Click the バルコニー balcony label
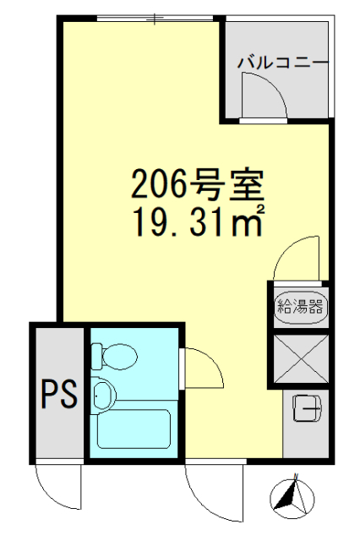click(281, 63)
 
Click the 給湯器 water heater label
click(300, 306)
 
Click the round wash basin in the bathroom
click(105, 394)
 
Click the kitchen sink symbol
click(307, 410)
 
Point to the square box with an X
click(300, 358)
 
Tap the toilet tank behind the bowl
click(96, 356)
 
